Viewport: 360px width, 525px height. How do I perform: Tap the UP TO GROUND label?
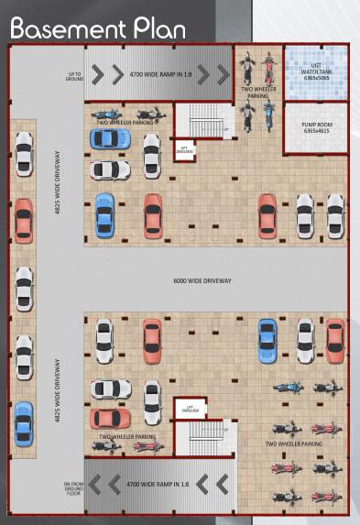pos(76,74)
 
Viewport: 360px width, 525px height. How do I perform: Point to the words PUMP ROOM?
pos(314,126)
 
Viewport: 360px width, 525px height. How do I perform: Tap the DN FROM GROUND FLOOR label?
pos(73,487)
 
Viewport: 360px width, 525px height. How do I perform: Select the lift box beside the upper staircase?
pos(186,149)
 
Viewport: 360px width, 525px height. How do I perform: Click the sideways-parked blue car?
pos(109,138)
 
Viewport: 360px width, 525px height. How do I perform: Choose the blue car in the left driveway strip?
pos(23,422)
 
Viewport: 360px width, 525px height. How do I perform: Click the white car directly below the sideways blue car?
pos(109,170)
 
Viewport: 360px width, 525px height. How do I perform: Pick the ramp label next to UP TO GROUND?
pos(161,73)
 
